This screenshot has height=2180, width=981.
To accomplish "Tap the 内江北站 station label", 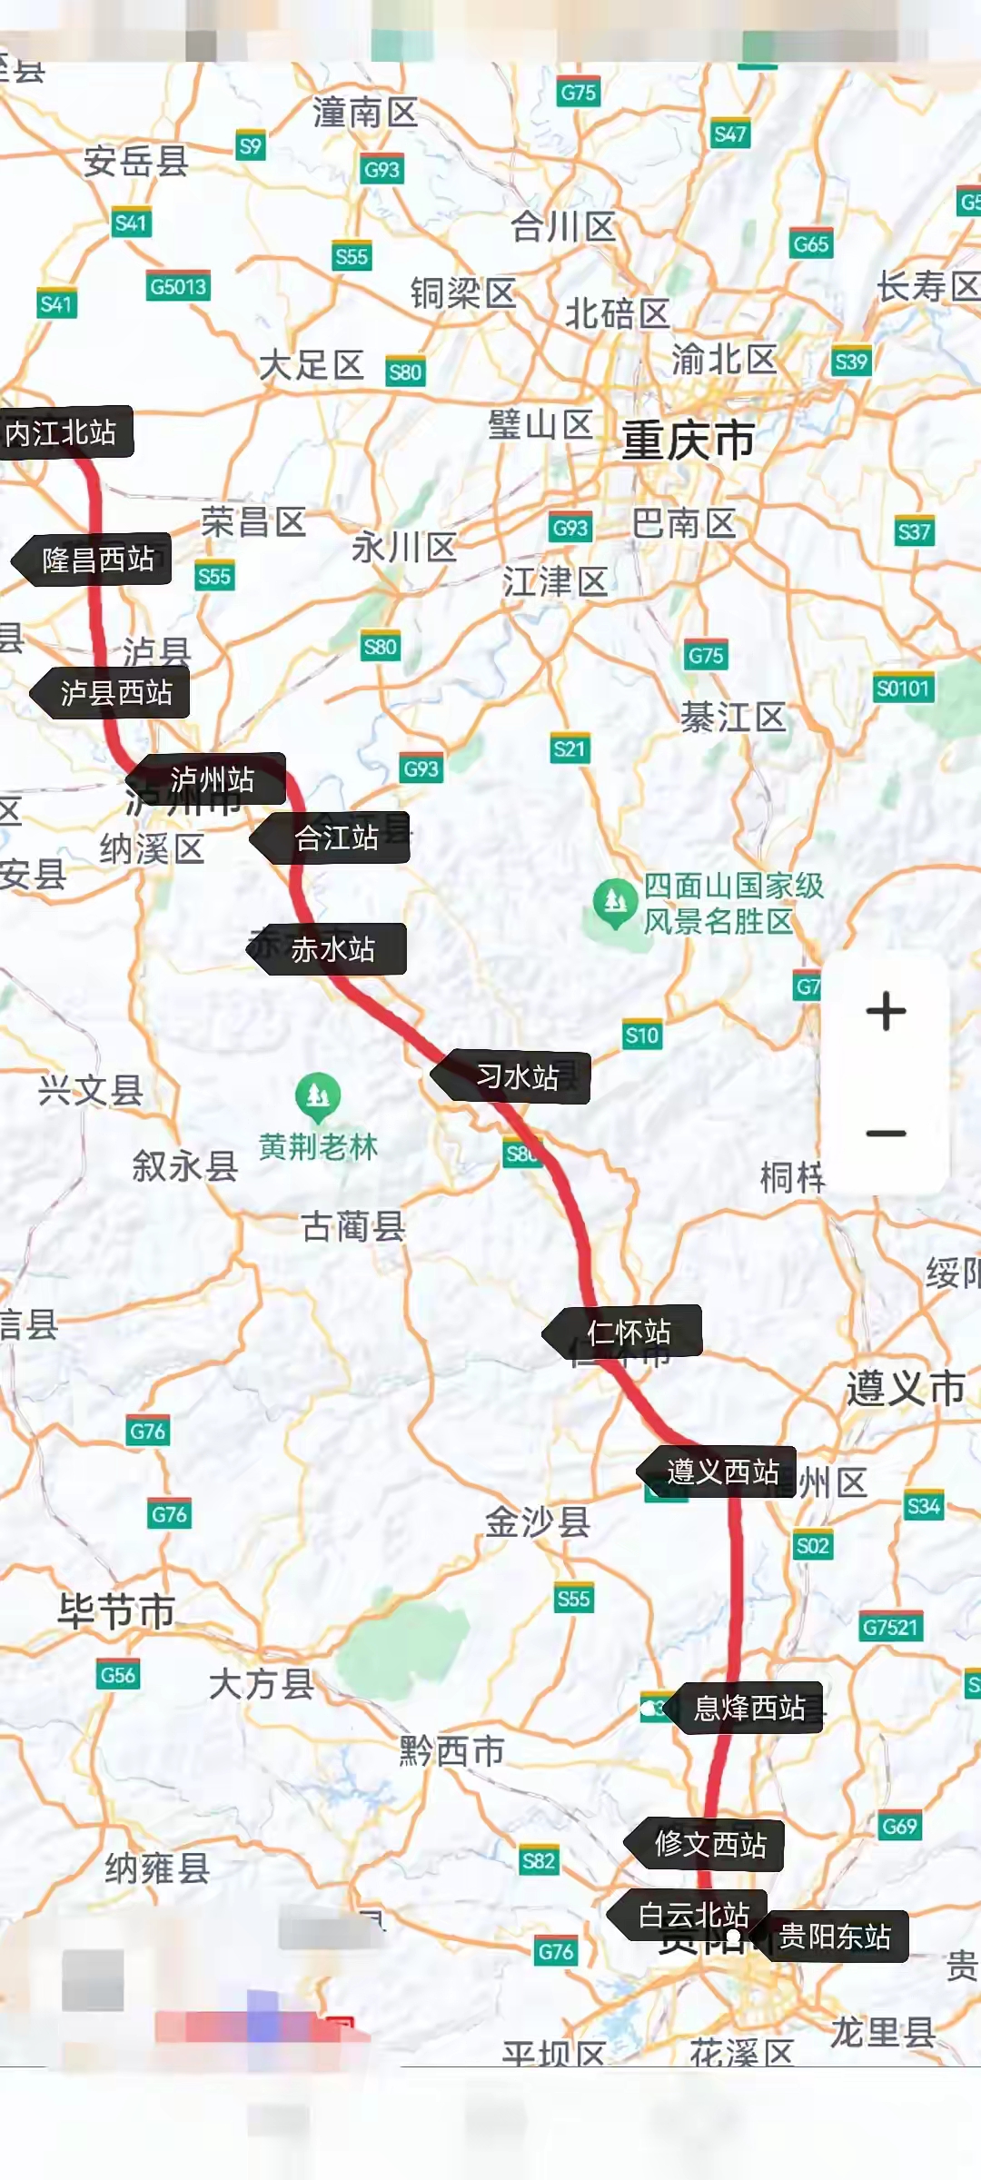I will pyautogui.click(x=62, y=432).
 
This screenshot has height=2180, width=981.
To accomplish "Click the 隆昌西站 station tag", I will pyautogui.click(x=98, y=560).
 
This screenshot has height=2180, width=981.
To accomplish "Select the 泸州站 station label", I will pyautogui.click(x=212, y=779).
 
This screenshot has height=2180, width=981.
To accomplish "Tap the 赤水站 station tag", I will pyautogui.click(x=332, y=950).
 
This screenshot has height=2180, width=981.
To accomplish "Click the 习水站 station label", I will pyautogui.click(x=517, y=1078).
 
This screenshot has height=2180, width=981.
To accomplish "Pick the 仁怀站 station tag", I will pyautogui.click(x=629, y=1333).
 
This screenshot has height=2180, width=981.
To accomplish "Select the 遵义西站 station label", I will pyautogui.click(x=723, y=1471).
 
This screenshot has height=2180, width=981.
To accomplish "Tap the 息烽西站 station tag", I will pyautogui.click(x=749, y=1709).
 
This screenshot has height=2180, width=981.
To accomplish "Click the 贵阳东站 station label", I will pyautogui.click(x=835, y=1937).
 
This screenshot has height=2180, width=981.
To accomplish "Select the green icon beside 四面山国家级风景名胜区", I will pyautogui.click(x=615, y=902).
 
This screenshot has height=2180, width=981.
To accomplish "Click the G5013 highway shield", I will pyautogui.click(x=178, y=287).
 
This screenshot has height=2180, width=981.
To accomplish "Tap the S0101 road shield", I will pyautogui.click(x=903, y=689).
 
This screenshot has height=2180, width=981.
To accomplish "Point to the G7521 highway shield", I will pyautogui.click(x=890, y=1627).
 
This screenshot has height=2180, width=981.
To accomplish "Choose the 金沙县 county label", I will pyautogui.click(x=538, y=1521).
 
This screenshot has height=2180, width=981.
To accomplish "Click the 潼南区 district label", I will pyautogui.click(x=365, y=113).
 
